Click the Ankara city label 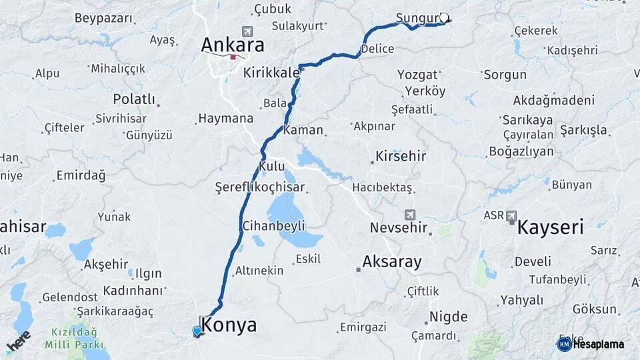pyautogui.click(x=233, y=45)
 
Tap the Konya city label pyautogui.click(x=229, y=325)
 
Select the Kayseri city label pyautogui.click(x=551, y=227)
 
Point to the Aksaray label pyautogui.click(x=392, y=262)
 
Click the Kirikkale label pyautogui.click(x=271, y=72)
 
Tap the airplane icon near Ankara pyautogui.click(x=248, y=31)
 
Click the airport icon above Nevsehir pyautogui.click(x=409, y=215)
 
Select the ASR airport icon pyautogui.click(x=511, y=215)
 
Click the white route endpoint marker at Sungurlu pyautogui.click(x=444, y=19)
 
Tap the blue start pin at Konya pyautogui.click(x=197, y=331)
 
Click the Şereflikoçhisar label pyautogui.click(x=260, y=188)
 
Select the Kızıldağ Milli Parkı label pyautogui.click(x=74, y=338)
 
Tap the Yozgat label pyautogui.click(x=417, y=75)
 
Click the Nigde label pyautogui.click(x=448, y=317)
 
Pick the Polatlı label pyautogui.click(x=134, y=99)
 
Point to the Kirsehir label pyautogui.click(x=401, y=156)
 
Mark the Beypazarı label pyautogui.click(x=103, y=18)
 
